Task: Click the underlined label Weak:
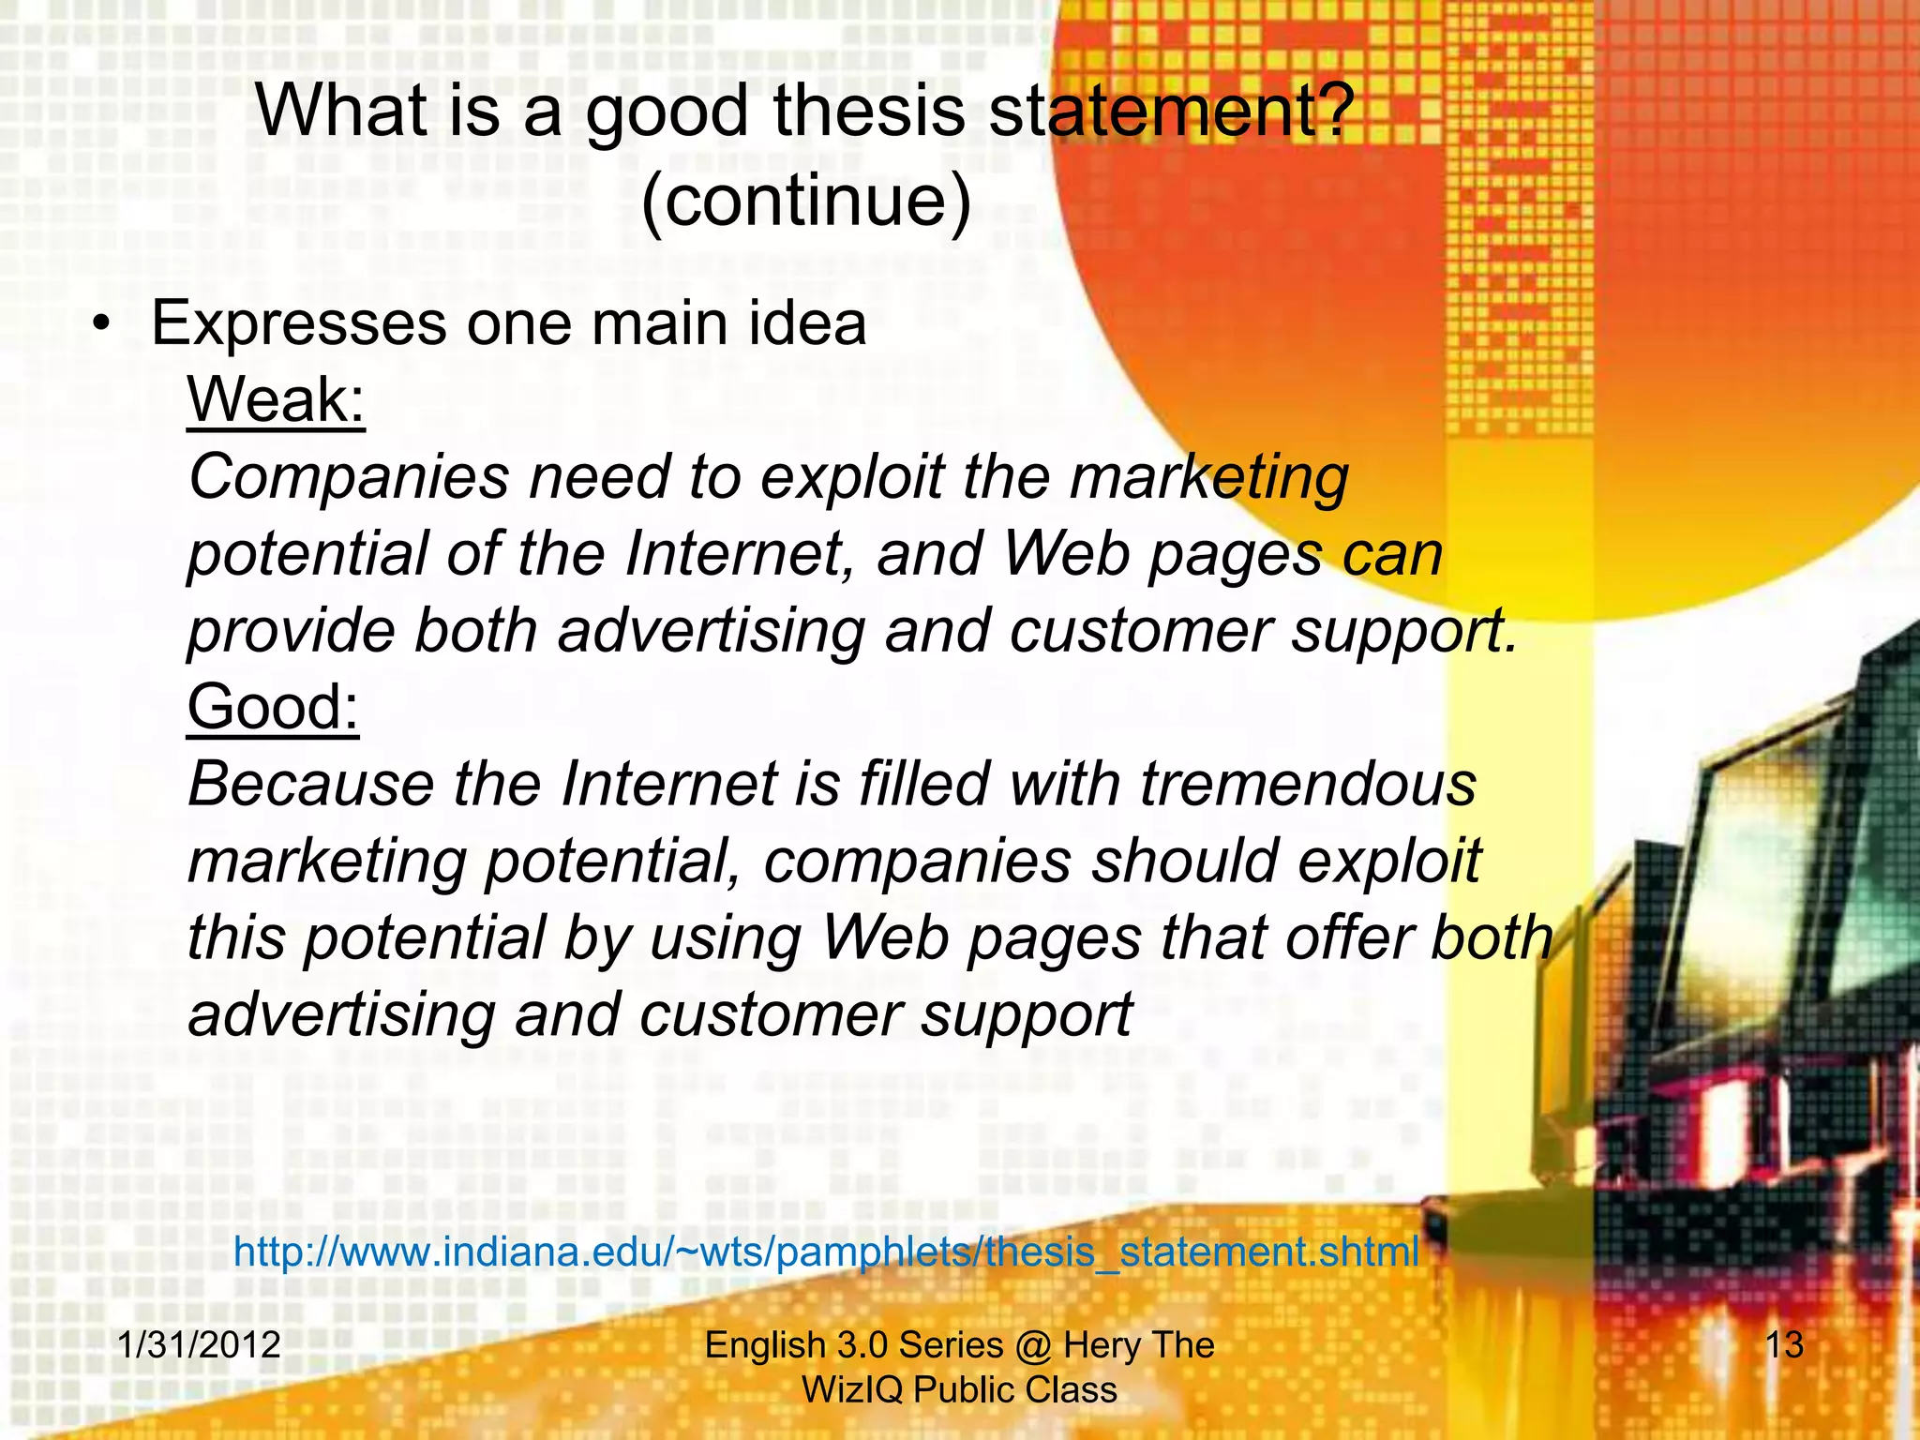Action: pyautogui.click(x=276, y=400)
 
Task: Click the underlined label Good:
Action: pyautogui.click(x=273, y=707)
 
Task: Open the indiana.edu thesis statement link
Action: pyautogui.click(x=826, y=1252)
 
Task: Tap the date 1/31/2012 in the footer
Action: pyautogui.click(x=200, y=1344)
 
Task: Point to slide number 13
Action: pyautogui.click(x=1784, y=1344)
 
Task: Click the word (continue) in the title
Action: pyautogui.click(x=806, y=201)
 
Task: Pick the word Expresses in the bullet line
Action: pyautogui.click(x=299, y=324)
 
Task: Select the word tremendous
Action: pyautogui.click(x=1308, y=785)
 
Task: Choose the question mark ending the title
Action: pyautogui.click(x=1334, y=112)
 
